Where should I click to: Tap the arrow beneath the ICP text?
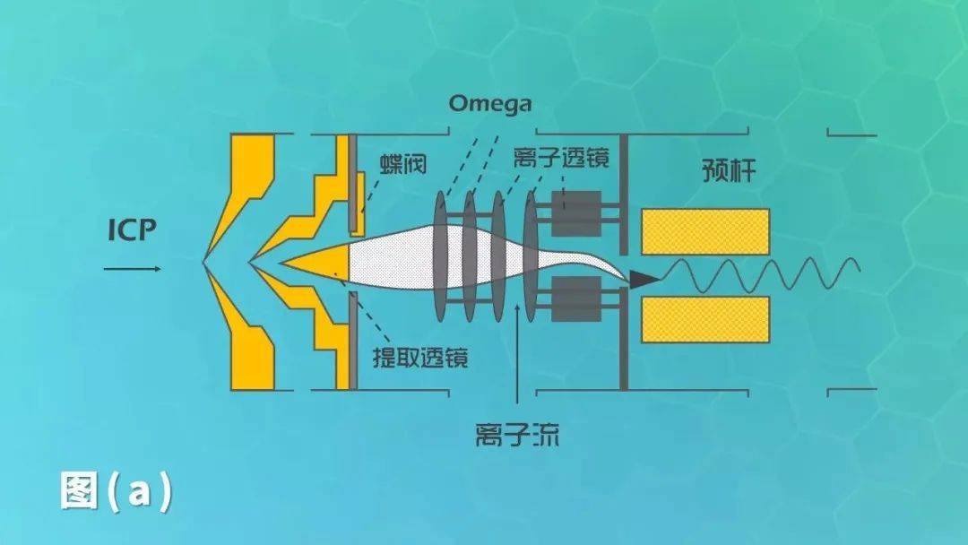133,268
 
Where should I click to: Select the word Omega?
489,104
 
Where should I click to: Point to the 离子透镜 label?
562,160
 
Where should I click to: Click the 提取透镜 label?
420,359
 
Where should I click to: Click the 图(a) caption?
117,491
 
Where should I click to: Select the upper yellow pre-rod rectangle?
705,231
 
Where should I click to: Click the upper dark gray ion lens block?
576,213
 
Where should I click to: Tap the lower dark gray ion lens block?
576,298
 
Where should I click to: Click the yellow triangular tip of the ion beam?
318,260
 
